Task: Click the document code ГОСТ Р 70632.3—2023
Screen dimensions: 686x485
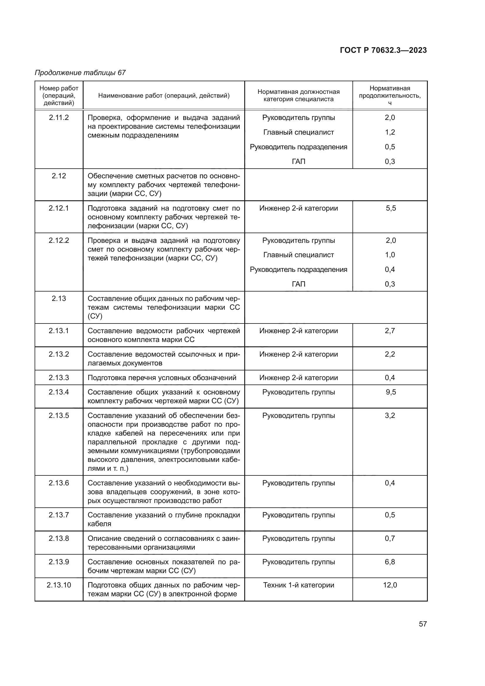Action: point(383,50)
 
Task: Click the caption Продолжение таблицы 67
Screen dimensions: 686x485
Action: point(80,73)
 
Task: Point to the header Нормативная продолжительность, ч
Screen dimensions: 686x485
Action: point(390,96)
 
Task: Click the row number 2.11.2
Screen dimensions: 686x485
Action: point(59,118)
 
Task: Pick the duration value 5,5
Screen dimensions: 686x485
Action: point(391,208)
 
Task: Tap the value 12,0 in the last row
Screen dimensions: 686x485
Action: point(390,585)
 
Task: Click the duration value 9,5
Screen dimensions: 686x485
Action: point(391,392)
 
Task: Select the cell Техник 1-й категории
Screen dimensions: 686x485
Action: point(298,585)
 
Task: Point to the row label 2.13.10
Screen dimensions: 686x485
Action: point(59,585)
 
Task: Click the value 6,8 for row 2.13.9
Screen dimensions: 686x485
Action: point(390,562)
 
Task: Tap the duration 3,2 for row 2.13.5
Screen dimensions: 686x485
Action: point(390,416)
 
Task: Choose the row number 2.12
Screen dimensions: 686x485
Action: point(59,176)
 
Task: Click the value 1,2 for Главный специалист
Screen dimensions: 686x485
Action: point(390,132)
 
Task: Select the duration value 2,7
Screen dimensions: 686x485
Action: point(390,331)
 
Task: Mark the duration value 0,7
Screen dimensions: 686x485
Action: point(390,538)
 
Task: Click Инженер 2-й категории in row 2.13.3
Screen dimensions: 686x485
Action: point(298,378)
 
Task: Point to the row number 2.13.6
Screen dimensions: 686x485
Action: point(59,483)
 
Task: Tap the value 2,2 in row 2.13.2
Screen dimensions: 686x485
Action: point(390,354)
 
